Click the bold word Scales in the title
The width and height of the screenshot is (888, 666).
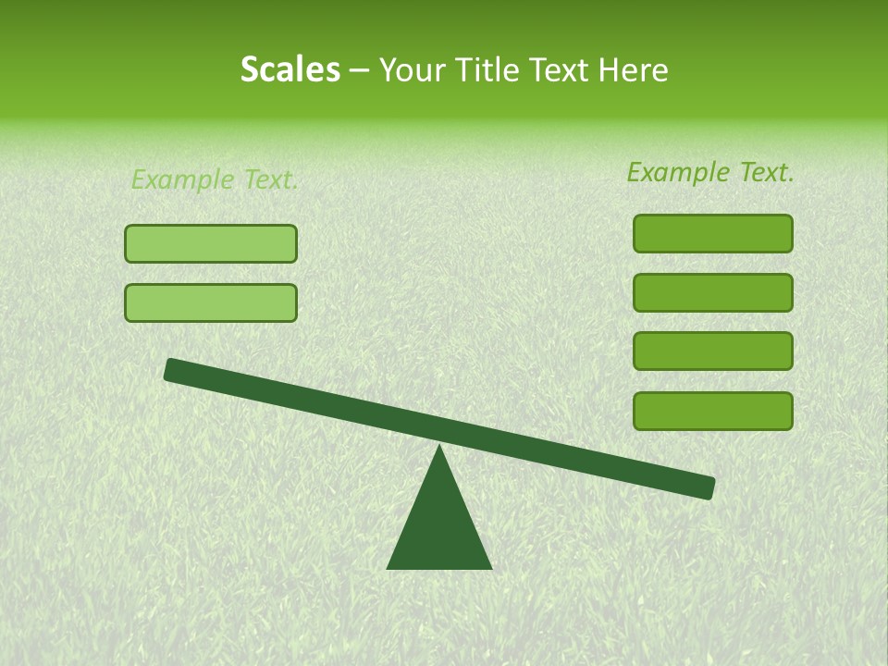[290, 69]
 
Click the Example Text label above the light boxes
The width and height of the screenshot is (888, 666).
[215, 179]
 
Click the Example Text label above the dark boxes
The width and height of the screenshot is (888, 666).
[710, 172]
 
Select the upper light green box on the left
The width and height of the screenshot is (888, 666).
[211, 243]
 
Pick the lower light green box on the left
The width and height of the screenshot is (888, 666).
[211, 302]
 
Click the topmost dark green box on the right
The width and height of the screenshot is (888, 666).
[712, 233]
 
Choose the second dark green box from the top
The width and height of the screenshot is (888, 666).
[712, 292]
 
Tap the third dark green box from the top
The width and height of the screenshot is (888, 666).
[712, 351]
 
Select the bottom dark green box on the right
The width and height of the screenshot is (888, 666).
[712, 411]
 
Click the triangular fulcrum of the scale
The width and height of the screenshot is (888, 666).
[438, 527]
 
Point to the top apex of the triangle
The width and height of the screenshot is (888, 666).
[438, 447]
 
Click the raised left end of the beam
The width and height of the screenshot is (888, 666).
[173, 369]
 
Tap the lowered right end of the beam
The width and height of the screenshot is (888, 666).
[706, 487]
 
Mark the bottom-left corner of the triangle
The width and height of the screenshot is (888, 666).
[388, 567]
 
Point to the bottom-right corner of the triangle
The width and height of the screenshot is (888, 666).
[489, 567]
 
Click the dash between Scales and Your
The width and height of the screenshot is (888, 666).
[359, 71]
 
